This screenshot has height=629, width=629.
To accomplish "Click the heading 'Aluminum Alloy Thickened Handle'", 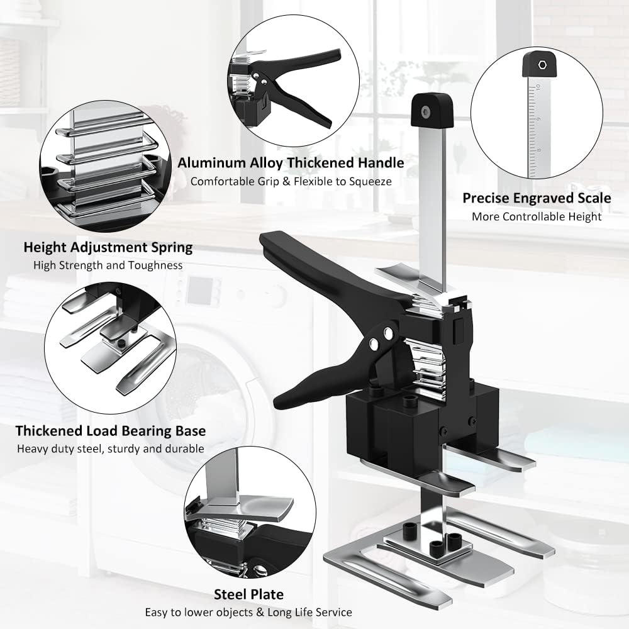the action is point(291,163).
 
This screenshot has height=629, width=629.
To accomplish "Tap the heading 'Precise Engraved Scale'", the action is point(537,198).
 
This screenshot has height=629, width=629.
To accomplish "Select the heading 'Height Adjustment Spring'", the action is point(108,247).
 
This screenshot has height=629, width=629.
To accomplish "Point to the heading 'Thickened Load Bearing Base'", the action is point(111,431).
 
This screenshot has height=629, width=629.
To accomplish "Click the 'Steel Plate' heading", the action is point(248,594).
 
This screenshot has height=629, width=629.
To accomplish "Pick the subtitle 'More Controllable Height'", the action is point(537,217).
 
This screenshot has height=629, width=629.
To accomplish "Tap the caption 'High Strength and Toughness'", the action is point(108,265).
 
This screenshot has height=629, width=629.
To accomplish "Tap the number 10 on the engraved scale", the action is point(538,87).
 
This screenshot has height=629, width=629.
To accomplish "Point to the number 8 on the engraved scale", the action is point(538,150).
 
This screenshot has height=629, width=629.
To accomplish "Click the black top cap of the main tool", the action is point(432,109).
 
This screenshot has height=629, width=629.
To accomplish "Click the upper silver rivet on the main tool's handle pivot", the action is point(388,333).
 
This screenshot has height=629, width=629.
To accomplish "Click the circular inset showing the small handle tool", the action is point(294,81).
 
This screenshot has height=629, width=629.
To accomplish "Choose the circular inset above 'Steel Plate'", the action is point(250,512).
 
